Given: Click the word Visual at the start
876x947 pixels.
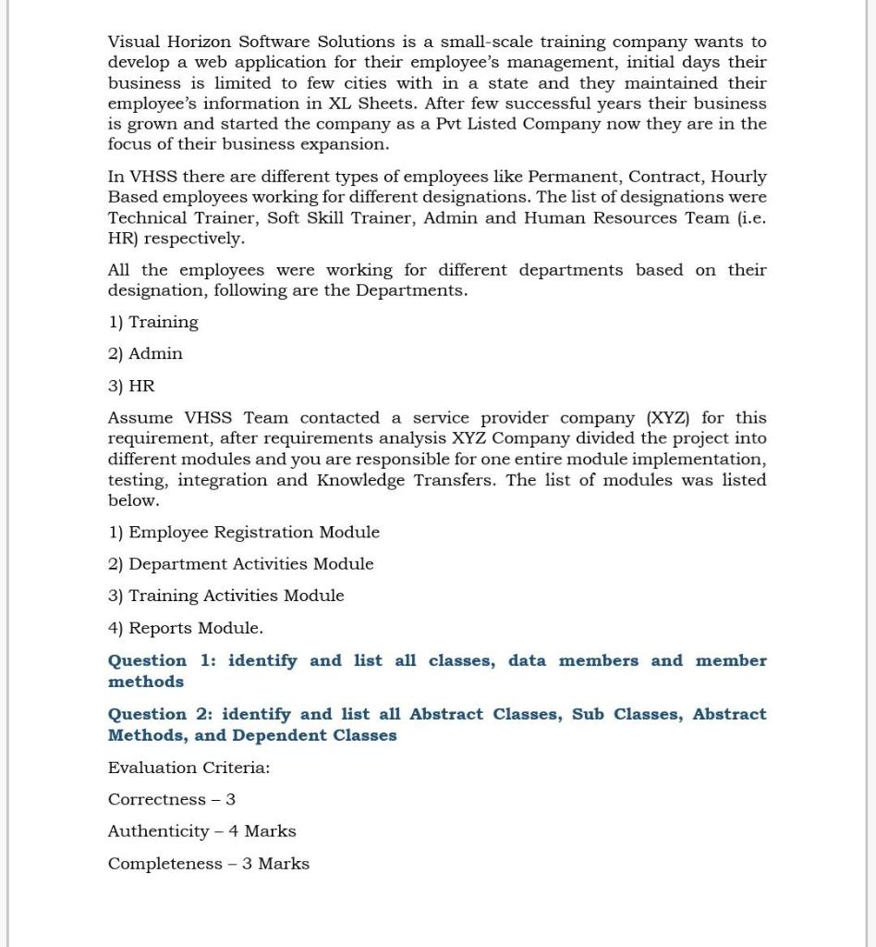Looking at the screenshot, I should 135,42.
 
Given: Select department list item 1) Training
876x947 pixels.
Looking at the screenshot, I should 153,322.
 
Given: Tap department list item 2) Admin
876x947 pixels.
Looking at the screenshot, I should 146,353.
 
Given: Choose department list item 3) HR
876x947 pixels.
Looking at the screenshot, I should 132,386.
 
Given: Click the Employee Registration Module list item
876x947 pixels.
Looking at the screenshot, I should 244,532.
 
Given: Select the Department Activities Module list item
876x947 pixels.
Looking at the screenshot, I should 241,563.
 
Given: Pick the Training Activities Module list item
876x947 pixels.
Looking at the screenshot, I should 226,596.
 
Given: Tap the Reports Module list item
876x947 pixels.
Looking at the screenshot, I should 186,628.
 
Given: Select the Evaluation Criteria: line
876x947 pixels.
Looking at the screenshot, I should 189,768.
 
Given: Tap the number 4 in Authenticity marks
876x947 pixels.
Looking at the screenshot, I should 234,831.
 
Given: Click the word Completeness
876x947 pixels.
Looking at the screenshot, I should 163,864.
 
